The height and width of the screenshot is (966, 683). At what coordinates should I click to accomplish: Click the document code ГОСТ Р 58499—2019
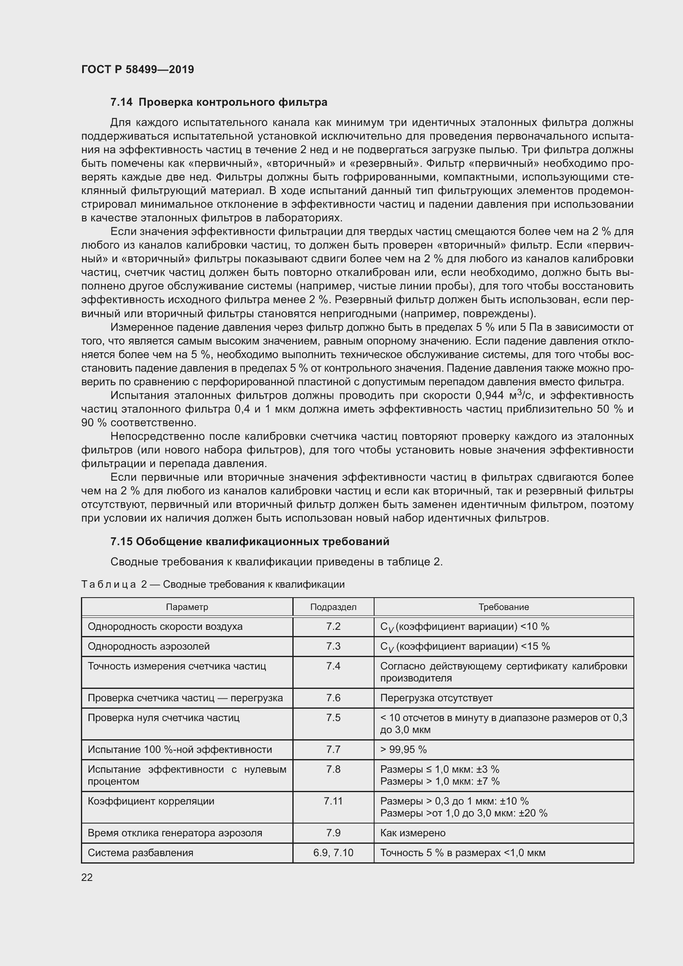(x=138, y=69)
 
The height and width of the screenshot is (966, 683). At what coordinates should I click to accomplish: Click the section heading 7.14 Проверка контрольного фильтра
(x=219, y=102)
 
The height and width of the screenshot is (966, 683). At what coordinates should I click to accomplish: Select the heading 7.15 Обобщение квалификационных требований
(x=250, y=541)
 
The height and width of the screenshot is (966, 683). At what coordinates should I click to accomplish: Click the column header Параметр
(x=187, y=607)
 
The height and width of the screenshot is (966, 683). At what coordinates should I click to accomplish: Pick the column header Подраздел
(x=333, y=607)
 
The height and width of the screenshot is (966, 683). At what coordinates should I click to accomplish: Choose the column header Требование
(x=503, y=607)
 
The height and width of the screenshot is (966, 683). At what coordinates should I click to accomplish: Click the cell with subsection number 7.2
(x=333, y=627)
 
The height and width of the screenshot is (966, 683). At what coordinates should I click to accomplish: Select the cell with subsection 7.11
(x=333, y=801)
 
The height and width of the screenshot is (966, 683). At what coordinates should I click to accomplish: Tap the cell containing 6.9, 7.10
(x=333, y=853)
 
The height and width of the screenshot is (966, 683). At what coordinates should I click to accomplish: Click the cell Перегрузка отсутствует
(x=436, y=698)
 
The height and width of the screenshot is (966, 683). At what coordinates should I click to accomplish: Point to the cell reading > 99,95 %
(x=403, y=749)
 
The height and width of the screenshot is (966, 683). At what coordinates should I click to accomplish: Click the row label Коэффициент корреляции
(x=151, y=801)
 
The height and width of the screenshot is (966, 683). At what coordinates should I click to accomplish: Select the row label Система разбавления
(x=140, y=853)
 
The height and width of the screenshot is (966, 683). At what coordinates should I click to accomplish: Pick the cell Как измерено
(x=413, y=833)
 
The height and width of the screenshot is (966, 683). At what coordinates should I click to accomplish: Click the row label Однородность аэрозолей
(x=149, y=646)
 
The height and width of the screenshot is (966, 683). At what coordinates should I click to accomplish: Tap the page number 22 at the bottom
(x=87, y=877)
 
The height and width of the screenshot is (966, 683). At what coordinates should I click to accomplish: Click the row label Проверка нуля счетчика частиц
(x=163, y=718)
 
